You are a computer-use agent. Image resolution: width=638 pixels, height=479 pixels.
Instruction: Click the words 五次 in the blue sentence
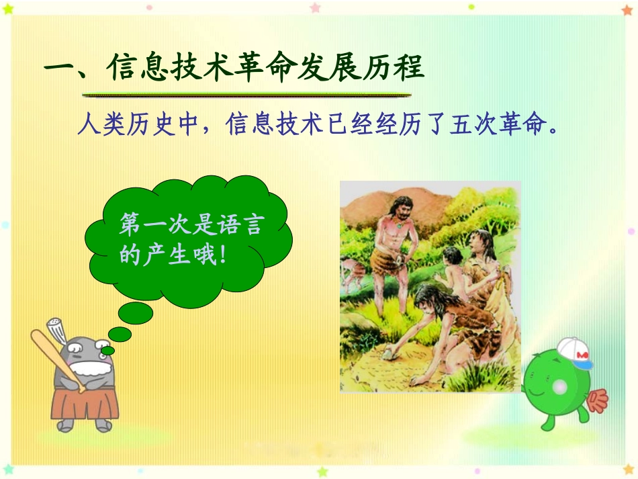click(473, 124)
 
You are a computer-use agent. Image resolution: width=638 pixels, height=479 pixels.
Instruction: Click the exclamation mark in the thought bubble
click(222, 255)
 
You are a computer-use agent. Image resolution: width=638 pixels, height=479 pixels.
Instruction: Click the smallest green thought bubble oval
click(107, 350)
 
